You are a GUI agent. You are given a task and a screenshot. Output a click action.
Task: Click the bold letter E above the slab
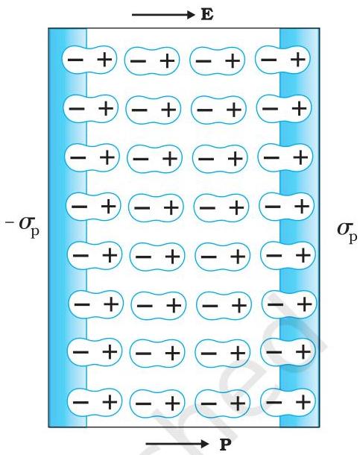click(x=207, y=14)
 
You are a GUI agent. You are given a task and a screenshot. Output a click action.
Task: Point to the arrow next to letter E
click(x=163, y=14)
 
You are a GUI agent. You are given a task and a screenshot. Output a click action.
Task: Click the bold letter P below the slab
click(x=226, y=444)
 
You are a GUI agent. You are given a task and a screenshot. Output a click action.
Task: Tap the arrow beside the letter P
click(x=177, y=444)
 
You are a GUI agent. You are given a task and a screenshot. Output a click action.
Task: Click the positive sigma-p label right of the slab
click(x=347, y=231)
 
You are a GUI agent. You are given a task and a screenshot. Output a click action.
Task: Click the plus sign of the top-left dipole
click(x=104, y=60)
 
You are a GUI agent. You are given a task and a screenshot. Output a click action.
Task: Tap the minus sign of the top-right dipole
click(x=268, y=60)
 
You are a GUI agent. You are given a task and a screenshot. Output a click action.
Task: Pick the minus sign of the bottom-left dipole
click(x=80, y=402)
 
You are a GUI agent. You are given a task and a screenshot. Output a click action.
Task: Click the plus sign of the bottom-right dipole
click(x=303, y=402)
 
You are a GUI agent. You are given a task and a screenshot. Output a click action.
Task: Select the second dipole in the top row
click(x=152, y=61)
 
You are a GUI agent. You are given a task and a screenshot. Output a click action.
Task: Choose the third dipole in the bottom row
click(x=222, y=403)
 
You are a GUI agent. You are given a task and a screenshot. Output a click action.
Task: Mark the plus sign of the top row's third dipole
click(x=233, y=61)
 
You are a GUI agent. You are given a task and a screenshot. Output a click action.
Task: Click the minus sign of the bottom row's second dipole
click(x=143, y=404)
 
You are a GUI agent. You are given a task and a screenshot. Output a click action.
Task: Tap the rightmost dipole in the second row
click(x=284, y=108)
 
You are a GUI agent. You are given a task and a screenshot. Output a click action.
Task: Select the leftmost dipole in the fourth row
click(x=94, y=207)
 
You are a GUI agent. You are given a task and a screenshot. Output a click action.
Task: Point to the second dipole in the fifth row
click(x=157, y=257)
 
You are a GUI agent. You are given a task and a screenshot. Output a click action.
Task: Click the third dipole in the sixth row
click(x=224, y=305)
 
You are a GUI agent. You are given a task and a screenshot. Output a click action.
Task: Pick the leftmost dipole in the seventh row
click(x=95, y=352)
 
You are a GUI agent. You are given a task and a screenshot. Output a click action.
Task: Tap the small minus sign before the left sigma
click(x=9, y=223)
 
